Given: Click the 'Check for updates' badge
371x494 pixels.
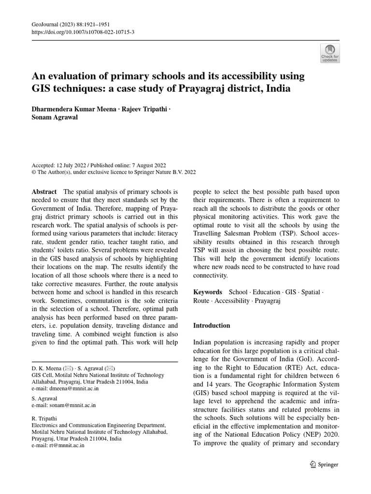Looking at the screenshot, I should click(x=330, y=53).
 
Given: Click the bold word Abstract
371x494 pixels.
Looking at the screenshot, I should click(x=44, y=192).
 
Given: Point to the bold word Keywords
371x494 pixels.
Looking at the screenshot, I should click(x=208, y=292).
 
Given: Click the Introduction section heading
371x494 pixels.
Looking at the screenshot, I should click(x=212, y=326).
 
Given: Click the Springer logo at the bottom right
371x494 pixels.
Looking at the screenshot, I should click(x=324, y=465).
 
